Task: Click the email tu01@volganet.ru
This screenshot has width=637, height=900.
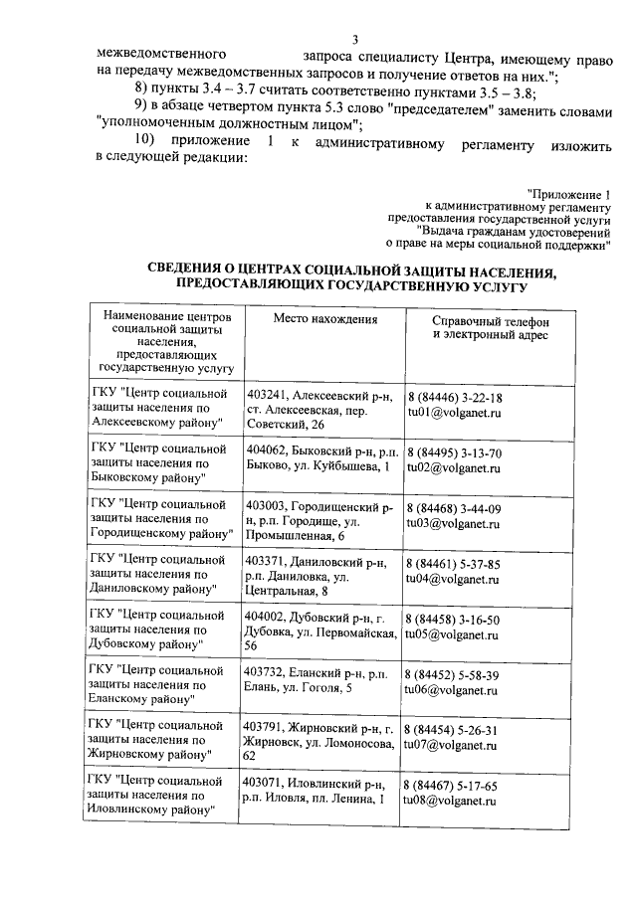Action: [x=453, y=411]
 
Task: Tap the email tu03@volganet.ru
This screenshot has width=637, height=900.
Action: [x=453, y=523]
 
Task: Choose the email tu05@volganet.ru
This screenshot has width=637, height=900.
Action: [x=453, y=634]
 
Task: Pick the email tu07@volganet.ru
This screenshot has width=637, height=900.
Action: [x=453, y=745]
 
